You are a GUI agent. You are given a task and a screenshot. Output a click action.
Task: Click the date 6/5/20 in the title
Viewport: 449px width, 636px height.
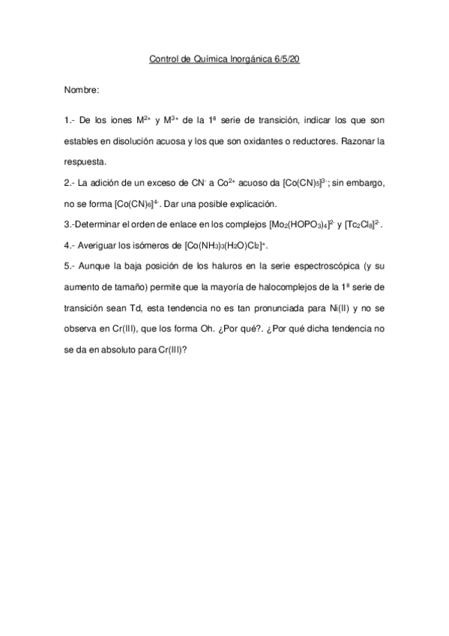286,58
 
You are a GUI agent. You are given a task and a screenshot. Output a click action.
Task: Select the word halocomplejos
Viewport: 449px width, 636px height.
283,287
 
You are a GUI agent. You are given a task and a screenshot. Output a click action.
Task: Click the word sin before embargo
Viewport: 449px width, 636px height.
337,183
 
